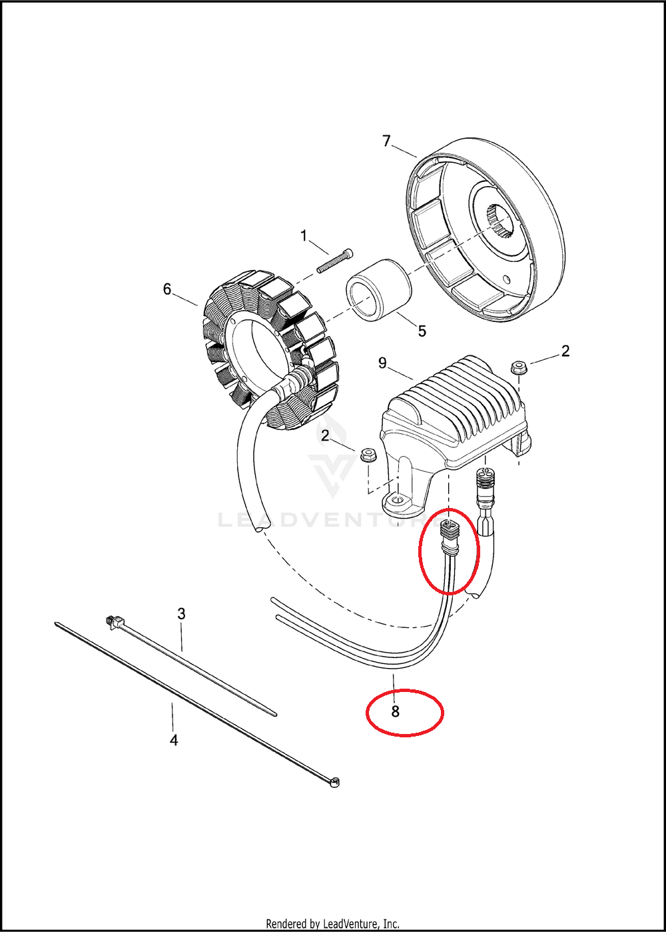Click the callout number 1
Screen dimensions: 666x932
tap(304, 236)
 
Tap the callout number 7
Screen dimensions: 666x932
tap(386, 141)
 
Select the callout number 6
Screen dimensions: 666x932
tap(167, 289)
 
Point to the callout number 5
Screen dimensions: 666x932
tap(422, 331)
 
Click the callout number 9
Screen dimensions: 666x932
tap(382, 363)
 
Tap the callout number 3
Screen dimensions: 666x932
tap(181, 613)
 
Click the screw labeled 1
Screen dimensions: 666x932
tap(336, 261)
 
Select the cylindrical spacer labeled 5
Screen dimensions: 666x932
tap(379, 291)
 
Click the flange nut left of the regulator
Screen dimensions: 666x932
tap(368, 455)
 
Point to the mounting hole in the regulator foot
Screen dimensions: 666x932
tap(398, 499)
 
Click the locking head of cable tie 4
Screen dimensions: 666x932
tap(334, 783)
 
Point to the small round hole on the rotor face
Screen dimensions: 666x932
tap(506, 279)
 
